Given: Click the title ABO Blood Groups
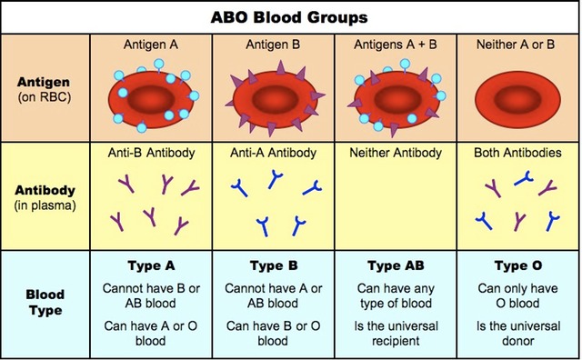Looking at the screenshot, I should pos(292,16).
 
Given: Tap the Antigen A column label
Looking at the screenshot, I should pos(150,44).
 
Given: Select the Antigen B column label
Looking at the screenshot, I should pos(273,44).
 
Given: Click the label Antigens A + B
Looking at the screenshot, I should pos(395,44).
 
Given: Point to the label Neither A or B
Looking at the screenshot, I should pos(516,44).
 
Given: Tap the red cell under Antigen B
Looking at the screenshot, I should pos(273,94).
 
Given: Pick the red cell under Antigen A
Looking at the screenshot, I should pos(150,94).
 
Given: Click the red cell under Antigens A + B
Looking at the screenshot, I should pos(395,94).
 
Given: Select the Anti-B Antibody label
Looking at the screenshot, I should pos(150,154).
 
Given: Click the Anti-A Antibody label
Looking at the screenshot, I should pos(273,154).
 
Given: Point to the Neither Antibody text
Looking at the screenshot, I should pos(395,154).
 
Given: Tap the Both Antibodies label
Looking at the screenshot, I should pos(516,154).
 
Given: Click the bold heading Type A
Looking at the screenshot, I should pos(150,266).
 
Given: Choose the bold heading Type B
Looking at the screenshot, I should pos(273,266).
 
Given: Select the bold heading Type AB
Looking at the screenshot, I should pos(395,266).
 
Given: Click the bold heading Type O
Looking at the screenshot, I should pos(516,266).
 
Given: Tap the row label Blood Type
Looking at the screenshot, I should pos(44,304).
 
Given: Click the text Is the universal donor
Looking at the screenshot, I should pos(516,334).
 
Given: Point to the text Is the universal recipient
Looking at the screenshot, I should pos(395,334).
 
